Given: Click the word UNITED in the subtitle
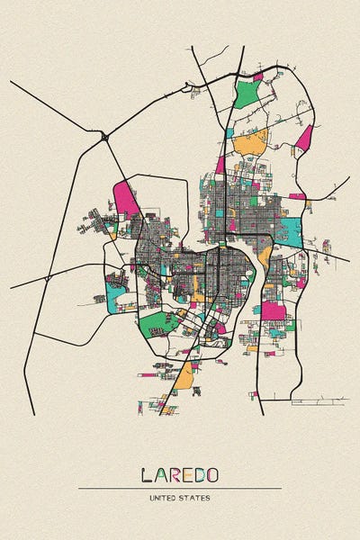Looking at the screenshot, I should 167,497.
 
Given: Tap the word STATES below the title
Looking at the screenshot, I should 197,497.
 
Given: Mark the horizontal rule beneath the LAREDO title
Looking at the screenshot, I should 180,488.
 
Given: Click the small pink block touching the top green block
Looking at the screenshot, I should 257,77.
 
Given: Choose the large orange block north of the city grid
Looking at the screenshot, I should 251,142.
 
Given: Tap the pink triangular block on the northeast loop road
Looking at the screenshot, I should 305,138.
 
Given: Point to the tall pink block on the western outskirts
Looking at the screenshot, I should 126,198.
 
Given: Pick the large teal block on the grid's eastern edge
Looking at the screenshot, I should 290,230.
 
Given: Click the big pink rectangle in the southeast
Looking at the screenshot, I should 274,310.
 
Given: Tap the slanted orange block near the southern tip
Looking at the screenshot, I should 184,376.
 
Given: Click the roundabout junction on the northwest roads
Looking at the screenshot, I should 105,136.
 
